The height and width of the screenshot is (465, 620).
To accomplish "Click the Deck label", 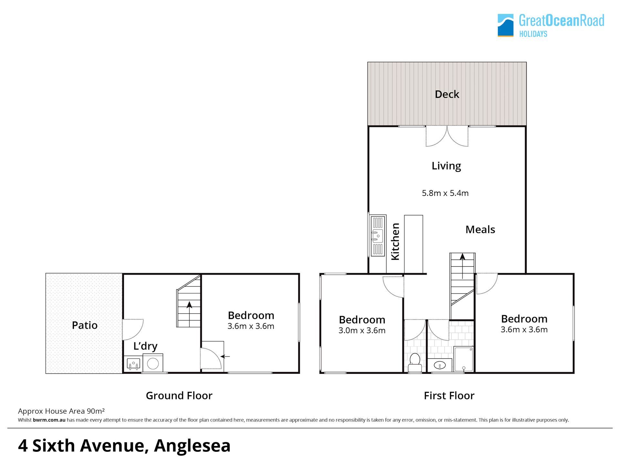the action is click(x=447, y=94).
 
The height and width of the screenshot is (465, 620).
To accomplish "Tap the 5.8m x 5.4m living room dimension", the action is click(x=445, y=193).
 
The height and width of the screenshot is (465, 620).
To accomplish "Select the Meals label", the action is click(x=480, y=230).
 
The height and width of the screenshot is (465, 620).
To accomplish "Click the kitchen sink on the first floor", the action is click(x=378, y=236).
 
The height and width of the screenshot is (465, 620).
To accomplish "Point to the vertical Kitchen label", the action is click(x=396, y=241).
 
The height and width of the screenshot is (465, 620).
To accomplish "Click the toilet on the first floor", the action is click(x=415, y=363).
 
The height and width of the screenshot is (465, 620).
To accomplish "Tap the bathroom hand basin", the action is click(x=439, y=366).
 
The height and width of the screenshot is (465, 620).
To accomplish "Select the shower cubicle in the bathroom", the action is click(x=464, y=359).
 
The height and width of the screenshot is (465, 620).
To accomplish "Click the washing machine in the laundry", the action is click(x=153, y=363).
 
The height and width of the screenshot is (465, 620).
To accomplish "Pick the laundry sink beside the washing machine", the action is click(x=133, y=365).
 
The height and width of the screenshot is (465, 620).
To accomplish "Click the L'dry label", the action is click(x=145, y=346).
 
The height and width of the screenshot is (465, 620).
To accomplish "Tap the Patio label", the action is click(x=85, y=325).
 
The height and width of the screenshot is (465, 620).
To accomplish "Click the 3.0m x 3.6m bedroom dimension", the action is click(x=362, y=330).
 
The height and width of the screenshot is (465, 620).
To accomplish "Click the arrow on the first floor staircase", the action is click(x=462, y=266).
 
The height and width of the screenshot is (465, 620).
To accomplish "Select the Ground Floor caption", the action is click(x=179, y=396).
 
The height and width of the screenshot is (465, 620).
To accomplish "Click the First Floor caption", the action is click(x=449, y=396).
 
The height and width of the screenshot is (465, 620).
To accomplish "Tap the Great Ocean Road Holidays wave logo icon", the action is click(x=505, y=25).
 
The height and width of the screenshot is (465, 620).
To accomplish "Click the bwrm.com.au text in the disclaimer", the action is click(x=49, y=420).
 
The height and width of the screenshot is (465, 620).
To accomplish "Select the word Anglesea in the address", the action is click(x=192, y=446).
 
